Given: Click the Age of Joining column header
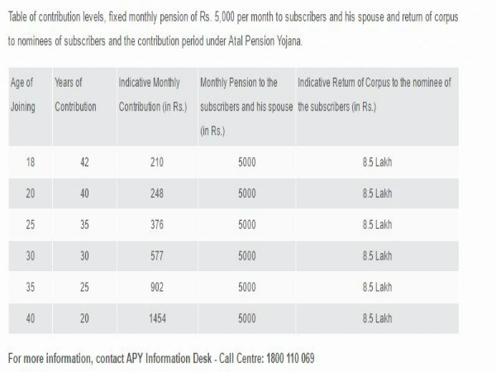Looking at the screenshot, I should (x=22, y=95).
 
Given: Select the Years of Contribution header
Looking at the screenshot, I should (x=75, y=95).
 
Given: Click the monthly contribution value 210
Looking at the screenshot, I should (x=157, y=162).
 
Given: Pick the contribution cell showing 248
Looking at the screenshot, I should (x=157, y=193).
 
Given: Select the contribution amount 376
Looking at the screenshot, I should (x=157, y=225).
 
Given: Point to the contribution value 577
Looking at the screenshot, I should (x=157, y=255).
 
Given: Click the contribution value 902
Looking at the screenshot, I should (x=157, y=287).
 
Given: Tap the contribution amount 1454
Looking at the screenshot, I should (x=157, y=317).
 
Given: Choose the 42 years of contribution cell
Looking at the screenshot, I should (x=84, y=162).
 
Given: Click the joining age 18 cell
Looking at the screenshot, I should (x=31, y=162).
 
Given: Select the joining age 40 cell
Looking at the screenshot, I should (x=31, y=317).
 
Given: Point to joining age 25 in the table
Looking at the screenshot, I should (x=31, y=225).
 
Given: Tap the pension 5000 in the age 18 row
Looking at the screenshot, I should (x=246, y=162).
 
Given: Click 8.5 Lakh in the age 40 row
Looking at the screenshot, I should (x=377, y=317).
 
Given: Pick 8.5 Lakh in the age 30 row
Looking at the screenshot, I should (x=377, y=255).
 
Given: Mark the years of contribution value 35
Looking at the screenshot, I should (x=84, y=225).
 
